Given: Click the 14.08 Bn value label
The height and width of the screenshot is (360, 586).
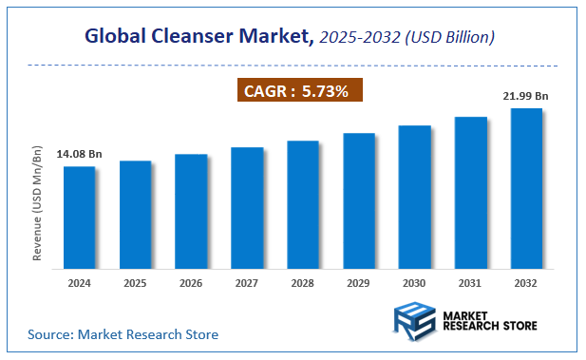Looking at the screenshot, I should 79,154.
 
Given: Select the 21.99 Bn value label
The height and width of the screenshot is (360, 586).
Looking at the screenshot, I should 526,95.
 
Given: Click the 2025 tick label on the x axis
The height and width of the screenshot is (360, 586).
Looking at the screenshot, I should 135,282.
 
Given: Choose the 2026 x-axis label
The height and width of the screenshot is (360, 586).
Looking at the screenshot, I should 191,282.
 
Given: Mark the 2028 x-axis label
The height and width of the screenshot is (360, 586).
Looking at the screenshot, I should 303,282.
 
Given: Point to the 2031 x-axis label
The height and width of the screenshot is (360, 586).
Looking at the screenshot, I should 470,282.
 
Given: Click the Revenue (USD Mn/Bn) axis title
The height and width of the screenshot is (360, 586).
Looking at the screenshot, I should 39,205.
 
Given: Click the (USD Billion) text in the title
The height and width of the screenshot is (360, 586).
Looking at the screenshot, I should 446,37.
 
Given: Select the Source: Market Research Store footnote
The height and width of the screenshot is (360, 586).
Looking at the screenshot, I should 123,334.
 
